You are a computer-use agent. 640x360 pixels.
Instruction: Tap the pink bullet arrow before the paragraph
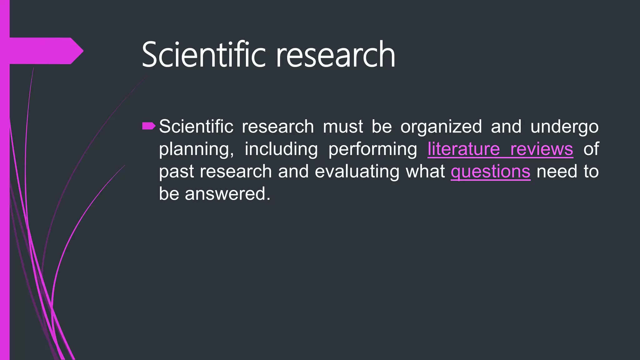(x=148, y=126)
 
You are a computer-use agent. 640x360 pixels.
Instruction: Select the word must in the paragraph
(x=342, y=127)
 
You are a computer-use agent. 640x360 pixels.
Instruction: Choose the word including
(x=281, y=149)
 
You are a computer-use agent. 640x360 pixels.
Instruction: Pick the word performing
(x=372, y=149)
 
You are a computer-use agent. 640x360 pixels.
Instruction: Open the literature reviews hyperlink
(x=500, y=149)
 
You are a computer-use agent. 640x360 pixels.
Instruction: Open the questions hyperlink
(x=490, y=172)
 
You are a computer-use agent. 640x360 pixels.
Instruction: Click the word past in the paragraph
(x=176, y=172)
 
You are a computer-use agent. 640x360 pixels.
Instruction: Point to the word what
(x=425, y=171)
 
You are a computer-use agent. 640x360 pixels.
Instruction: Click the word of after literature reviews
(x=591, y=149)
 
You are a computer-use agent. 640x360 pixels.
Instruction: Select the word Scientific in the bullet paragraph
(x=196, y=127)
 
